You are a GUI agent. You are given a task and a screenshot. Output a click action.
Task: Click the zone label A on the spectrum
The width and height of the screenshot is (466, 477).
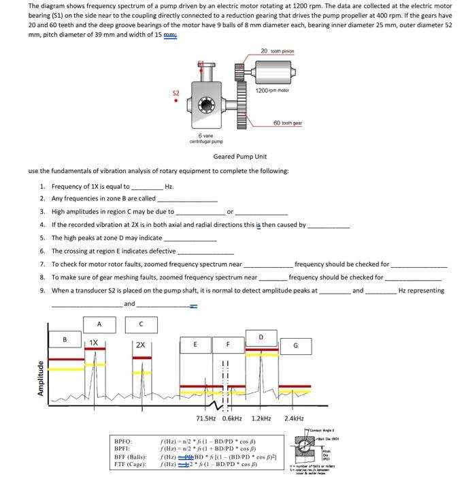[x=99, y=323]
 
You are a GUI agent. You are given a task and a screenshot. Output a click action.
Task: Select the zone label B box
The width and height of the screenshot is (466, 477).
[x=65, y=339]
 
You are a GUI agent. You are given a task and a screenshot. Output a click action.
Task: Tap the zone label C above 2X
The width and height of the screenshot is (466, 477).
[x=140, y=323]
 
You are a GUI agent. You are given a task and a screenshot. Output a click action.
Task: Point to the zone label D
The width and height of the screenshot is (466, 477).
[x=261, y=335]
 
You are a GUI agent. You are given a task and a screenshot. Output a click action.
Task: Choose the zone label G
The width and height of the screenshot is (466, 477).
[x=295, y=345]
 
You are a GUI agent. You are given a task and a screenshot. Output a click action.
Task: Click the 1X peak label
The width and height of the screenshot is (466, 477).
[x=94, y=343]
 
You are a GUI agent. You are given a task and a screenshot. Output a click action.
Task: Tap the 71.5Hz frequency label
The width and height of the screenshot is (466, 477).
[x=207, y=418]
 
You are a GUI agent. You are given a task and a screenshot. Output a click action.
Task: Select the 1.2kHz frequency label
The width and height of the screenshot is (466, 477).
[x=261, y=418]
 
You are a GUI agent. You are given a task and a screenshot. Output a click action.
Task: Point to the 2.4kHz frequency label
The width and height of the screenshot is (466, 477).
[x=295, y=418]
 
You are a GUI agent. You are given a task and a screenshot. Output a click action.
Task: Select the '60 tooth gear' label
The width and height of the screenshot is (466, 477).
[x=287, y=123]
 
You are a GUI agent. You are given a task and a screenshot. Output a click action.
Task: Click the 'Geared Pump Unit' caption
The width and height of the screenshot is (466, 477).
[x=235, y=156]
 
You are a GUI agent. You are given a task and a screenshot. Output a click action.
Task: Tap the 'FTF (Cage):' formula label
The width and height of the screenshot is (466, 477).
[x=130, y=464]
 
